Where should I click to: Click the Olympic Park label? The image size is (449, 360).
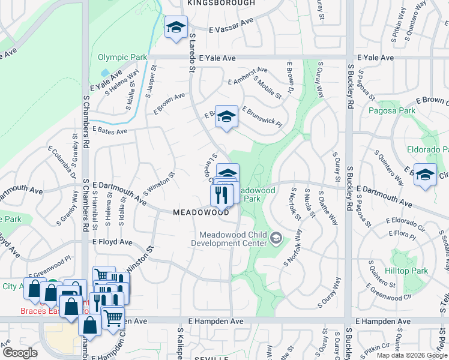(122, 58)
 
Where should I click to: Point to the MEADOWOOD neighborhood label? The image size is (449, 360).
(201, 212)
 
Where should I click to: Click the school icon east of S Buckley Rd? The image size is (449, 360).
(425, 174)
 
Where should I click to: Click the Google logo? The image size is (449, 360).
(20, 353)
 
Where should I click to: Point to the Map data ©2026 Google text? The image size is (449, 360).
(412, 355)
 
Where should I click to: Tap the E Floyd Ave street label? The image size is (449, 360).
(112, 242)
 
